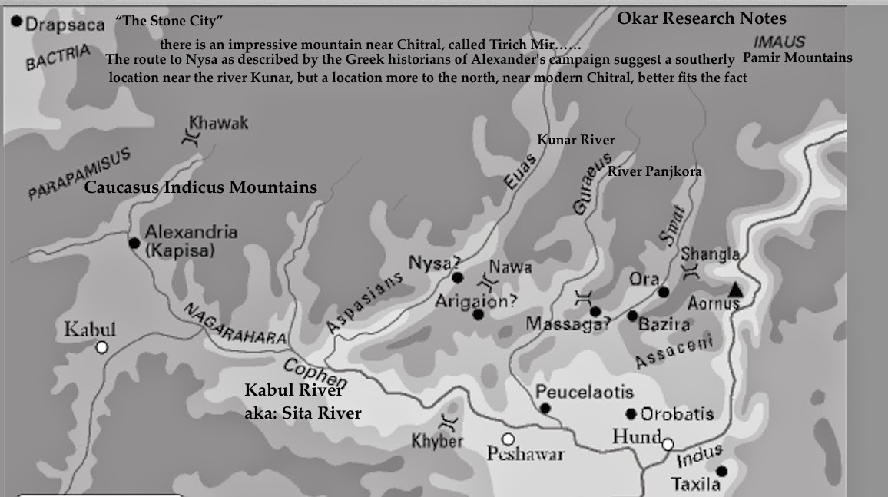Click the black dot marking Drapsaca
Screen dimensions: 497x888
coord(16,23)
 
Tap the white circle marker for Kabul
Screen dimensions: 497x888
coord(101,348)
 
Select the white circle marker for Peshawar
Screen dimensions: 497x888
coord(508,439)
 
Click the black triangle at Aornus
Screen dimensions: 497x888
coord(735,290)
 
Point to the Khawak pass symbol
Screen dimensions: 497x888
coord(190,138)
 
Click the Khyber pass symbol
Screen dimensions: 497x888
coord(448,422)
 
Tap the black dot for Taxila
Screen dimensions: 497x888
coord(721,471)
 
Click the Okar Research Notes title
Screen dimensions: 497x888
coord(701,18)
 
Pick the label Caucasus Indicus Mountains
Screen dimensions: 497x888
coord(200,187)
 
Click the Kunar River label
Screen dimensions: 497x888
coord(575,140)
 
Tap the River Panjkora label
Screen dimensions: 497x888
coord(654,171)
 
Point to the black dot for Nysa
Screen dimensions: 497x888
coord(458,277)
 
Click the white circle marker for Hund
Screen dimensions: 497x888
coord(668,444)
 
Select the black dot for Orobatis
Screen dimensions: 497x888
coord(631,414)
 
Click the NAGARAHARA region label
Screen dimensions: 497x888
coord(234,323)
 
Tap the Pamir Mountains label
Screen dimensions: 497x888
coord(797,58)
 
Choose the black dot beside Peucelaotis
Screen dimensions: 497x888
coord(545,408)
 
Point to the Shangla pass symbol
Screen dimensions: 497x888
coord(691,270)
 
